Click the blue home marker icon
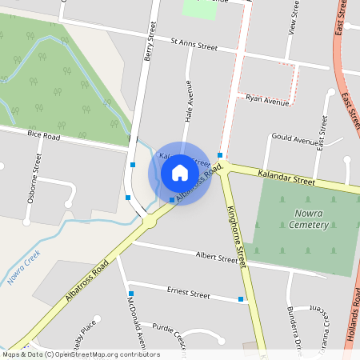(180, 173)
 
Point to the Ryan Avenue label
(267, 101)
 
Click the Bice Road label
(43, 137)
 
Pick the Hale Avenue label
(190, 105)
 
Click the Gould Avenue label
(295, 140)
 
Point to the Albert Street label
(217, 257)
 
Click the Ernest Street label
(188, 294)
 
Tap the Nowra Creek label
(23, 268)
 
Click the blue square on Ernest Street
(241, 300)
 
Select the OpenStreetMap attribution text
(80, 354)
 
